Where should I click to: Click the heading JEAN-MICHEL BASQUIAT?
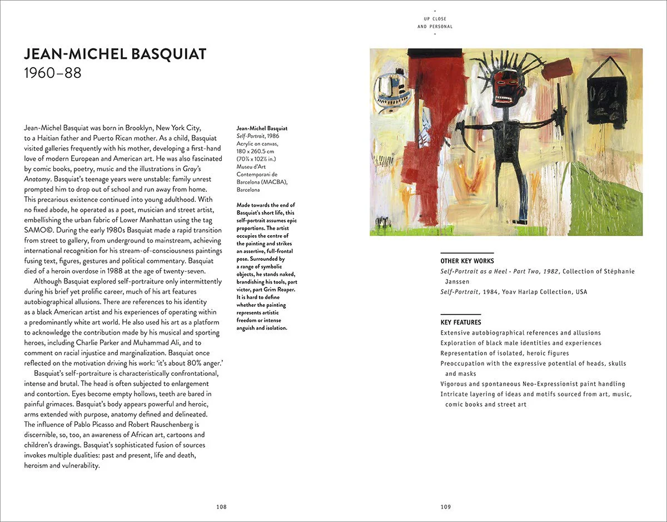tap(115, 54)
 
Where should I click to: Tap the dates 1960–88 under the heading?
tap(53, 73)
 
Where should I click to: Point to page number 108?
tap(222, 506)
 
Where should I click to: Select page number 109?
tap(446, 506)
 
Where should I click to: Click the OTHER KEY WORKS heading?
tap(467, 261)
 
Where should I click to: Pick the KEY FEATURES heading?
tap(461, 322)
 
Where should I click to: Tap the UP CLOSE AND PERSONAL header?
tap(435, 23)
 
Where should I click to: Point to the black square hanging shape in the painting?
tap(606, 100)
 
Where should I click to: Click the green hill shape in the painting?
tap(606, 200)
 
